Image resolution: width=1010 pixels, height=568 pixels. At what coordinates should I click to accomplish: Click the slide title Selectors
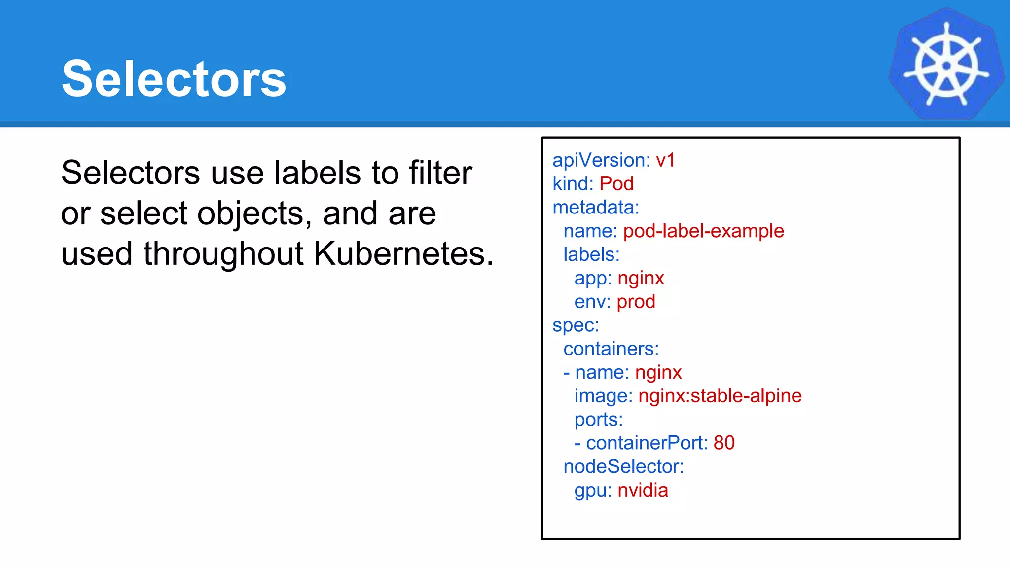coord(174,79)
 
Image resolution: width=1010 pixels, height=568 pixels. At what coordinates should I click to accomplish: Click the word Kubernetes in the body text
coord(402,253)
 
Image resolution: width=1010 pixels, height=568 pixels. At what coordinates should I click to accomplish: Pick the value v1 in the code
coord(665,160)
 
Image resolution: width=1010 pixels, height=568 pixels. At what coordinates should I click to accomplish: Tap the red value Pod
coord(616,184)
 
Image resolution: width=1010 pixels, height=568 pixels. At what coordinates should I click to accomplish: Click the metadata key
coord(595,208)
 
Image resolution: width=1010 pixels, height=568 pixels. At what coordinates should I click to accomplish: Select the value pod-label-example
coord(703,231)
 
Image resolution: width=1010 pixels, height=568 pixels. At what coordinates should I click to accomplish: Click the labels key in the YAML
coord(591,254)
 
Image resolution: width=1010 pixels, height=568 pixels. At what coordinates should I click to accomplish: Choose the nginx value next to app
coord(641,278)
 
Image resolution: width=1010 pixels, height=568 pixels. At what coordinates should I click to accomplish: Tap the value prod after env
coord(636,302)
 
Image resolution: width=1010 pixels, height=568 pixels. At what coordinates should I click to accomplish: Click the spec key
coord(575,325)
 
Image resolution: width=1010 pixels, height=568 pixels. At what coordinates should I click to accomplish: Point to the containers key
coord(611,349)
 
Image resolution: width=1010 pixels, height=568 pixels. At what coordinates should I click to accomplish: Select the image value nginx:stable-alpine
coord(720,396)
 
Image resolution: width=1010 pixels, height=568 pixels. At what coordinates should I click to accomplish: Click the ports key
coord(598,420)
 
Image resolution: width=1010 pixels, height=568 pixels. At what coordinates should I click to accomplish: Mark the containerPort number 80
coord(724,443)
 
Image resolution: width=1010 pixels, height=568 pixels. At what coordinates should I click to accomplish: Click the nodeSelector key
coord(623,466)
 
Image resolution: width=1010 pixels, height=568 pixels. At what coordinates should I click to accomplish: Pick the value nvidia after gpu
coord(643,490)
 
